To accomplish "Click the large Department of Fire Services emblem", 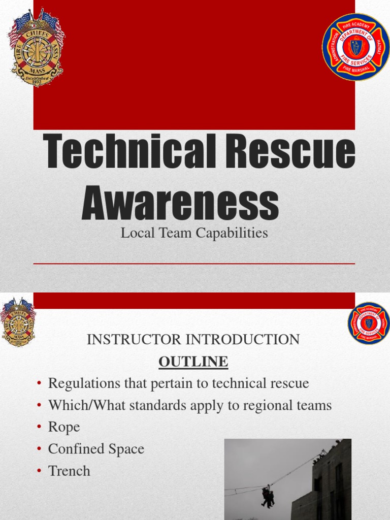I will pyautogui.click(x=355, y=47).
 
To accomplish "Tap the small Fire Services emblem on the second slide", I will pyautogui.click(x=369, y=323).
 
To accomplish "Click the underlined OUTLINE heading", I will pyautogui.click(x=193, y=362).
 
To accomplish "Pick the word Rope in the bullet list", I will pyautogui.click(x=64, y=427).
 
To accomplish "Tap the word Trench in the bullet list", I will pyautogui.click(x=69, y=471).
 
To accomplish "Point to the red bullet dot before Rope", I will pyautogui.click(x=39, y=428).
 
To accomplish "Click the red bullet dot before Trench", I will pyautogui.click(x=39, y=471).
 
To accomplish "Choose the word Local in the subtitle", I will pyautogui.click(x=137, y=233).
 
